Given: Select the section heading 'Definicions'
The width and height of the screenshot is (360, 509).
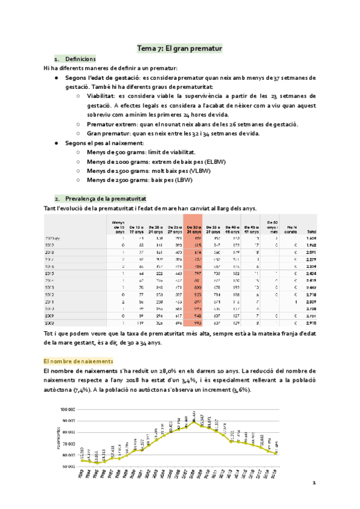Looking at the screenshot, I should click(x=80, y=59).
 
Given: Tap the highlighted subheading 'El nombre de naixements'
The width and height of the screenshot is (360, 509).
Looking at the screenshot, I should click(x=78, y=361).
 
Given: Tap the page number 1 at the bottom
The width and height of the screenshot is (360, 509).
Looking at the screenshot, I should click(x=314, y=483).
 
